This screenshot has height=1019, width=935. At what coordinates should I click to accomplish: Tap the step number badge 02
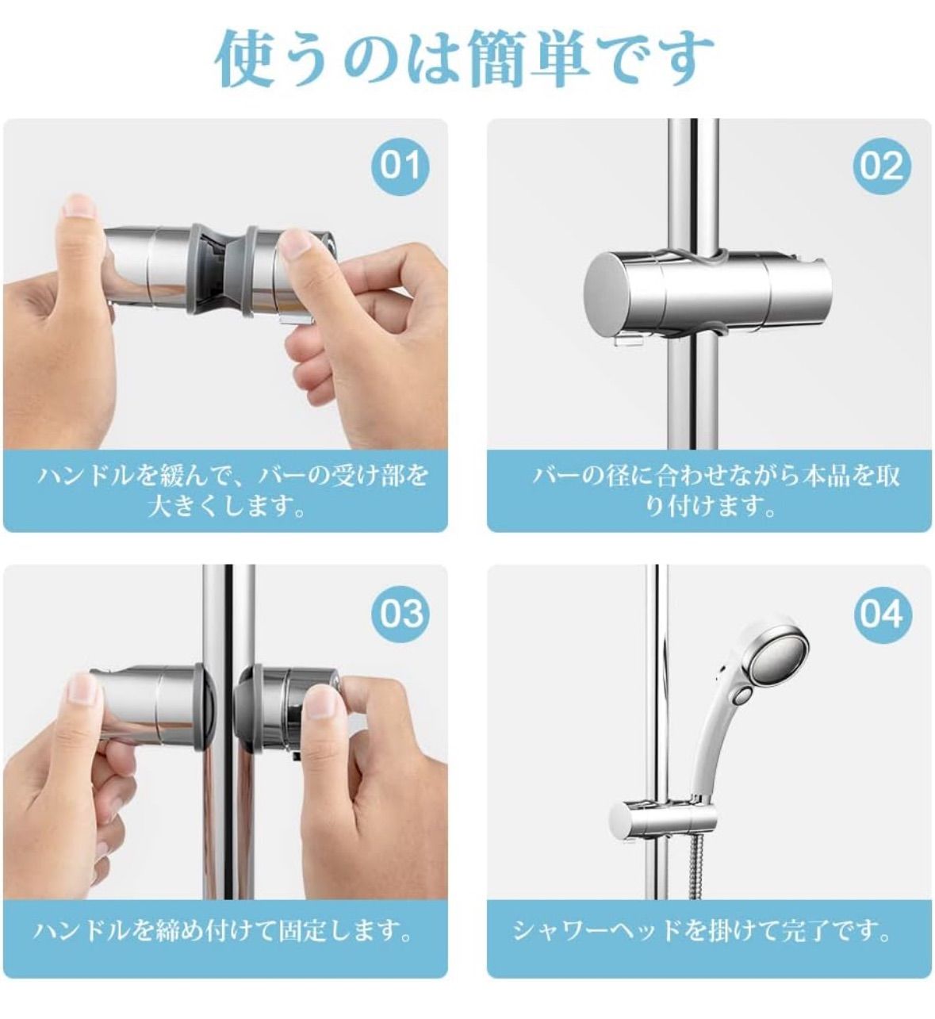click(882, 166)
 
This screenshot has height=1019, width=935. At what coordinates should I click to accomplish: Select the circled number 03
click(401, 614)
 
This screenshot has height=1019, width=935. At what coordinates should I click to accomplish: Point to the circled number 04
click(882, 614)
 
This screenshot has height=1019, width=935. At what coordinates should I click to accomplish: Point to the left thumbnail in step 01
click(80, 209)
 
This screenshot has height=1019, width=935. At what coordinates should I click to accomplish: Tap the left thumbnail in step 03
click(82, 690)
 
